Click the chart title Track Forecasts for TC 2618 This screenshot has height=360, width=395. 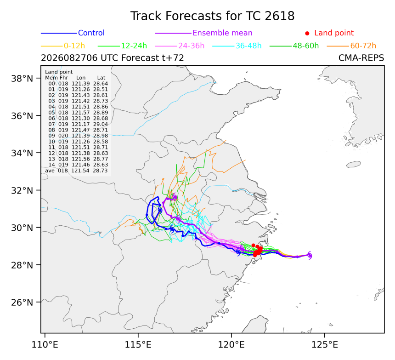(x=212, y=16)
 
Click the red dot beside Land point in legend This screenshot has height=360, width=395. (x=307, y=33)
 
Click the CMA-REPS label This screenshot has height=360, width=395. (x=361, y=58)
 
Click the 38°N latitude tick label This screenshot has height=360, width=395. (x=22, y=79)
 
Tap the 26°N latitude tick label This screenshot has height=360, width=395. (x=22, y=302)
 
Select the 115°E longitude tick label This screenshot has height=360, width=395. (x=138, y=345)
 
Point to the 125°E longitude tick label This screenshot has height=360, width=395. (x=325, y=345)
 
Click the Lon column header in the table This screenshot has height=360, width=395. (x=81, y=78)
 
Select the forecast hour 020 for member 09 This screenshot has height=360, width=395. (x=63, y=136)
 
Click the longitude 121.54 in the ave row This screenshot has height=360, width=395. (x=80, y=171)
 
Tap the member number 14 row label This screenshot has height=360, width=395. (x=51, y=165)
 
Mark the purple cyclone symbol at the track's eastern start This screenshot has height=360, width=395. (x=310, y=255)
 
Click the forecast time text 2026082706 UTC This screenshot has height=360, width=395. (x=69, y=58)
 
